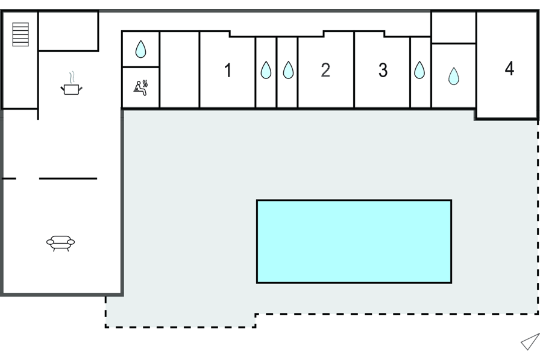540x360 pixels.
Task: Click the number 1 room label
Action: coord(228,71)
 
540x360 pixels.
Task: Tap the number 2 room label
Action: coord(325,71)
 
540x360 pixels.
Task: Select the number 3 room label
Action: coord(383,71)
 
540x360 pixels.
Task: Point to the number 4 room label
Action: coord(509,69)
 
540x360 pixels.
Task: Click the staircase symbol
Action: coord(20,34)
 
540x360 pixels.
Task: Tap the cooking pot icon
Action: coord(71,89)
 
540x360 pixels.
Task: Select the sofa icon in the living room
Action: coord(60,242)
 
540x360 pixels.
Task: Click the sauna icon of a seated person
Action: coord(139,88)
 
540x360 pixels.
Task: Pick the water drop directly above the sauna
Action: coord(140,49)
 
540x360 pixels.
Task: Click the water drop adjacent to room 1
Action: coord(266,71)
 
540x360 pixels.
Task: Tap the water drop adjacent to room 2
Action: coord(288,71)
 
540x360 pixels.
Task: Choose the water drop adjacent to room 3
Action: coord(419,71)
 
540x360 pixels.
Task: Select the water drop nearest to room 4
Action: coord(453,76)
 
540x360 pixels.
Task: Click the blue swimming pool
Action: coord(354,241)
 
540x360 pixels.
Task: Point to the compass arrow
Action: coord(530,342)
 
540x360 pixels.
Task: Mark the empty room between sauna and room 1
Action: coord(179,70)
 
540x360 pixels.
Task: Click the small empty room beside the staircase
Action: coord(68,31)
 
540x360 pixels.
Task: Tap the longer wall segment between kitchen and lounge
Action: coord(67,178)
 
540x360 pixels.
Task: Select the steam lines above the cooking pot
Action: coord(72,77)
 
